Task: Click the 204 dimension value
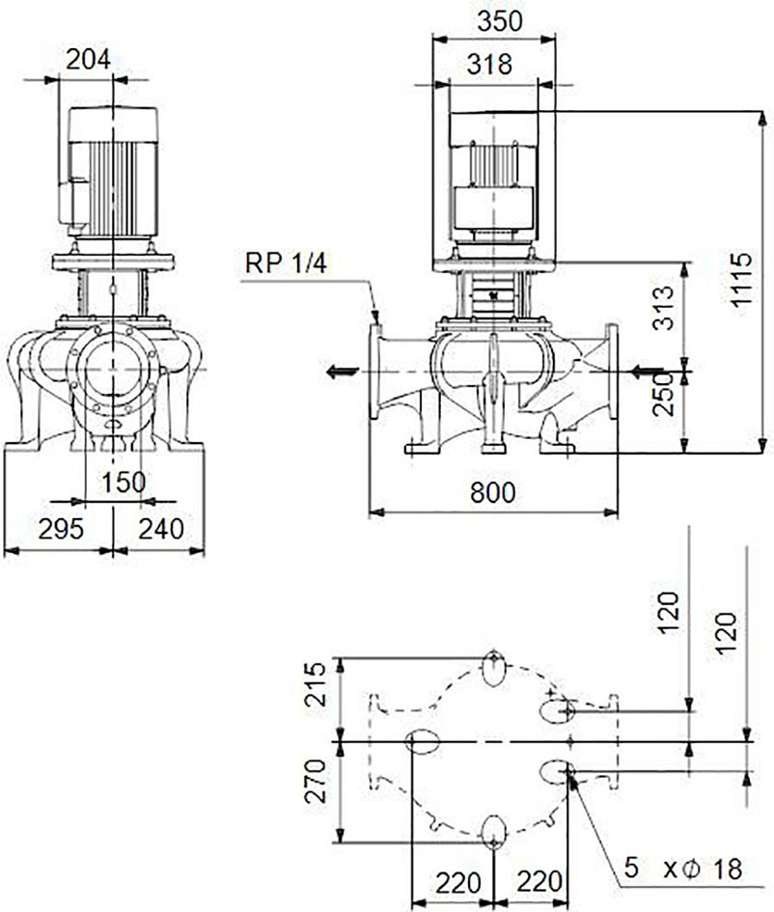pyautogui.click(x=88, y=59)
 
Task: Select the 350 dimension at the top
pyautogui.click(x=500, y=21)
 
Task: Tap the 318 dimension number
pyautogui.click(x=489, y=64)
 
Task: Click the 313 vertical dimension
pyautogui.click(x=663, y=307)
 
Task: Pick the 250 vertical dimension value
pyautogui.click(x=663, y=395)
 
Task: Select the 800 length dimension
pyautogui.click(x=493, y=492)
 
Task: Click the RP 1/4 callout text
pyautogui.click(x=286, y=263)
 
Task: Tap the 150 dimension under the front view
pyautogui.click(x=124, y=483)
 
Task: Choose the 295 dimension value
pyautogui.click(x=61, y=529)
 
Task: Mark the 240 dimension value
pyautogui.click(x=161, y=529)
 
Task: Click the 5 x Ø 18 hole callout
pyautogui.click(x=684, y=869)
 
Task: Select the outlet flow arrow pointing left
pyautogui.click(x=342, y=371)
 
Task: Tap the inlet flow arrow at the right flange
pyautogui.click(x=648, y=370)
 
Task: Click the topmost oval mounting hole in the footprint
pyautogui.click(x=494, y=670)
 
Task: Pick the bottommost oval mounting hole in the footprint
pyautogui.click(x=494, y=832)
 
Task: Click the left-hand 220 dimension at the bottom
pyautogui.click(x=458, y=882)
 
